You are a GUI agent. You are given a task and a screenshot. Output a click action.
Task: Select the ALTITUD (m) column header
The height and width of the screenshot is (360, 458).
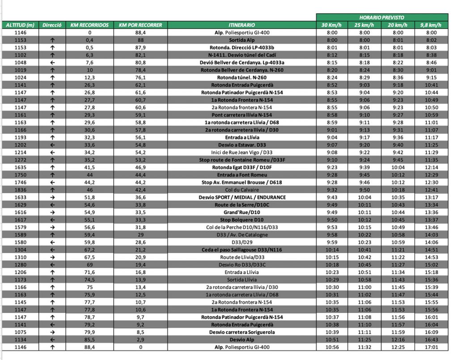pyautogui.click(x=20, y=25)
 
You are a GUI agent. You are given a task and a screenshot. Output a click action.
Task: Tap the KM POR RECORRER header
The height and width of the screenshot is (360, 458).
pyautogui.click(x=140, y=25)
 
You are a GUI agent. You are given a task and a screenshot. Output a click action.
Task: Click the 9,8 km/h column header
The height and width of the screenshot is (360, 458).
pyautogui.click(x=431, y=25)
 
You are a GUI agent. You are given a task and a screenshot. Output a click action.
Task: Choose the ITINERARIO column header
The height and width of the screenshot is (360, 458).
pyautogui.click(x=241, y=25)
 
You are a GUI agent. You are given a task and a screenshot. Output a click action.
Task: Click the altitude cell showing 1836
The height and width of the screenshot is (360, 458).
pyautogui.click(x=21, y=190)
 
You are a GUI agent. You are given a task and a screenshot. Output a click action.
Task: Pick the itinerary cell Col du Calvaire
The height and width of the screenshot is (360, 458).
pyautogui.click(x=241, y=190)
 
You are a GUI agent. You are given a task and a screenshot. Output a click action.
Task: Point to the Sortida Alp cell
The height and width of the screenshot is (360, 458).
pyautogui.click(x=241, y=40)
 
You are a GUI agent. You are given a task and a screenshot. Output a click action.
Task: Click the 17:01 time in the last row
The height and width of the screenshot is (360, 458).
pyautogui.click(x=431, y=347)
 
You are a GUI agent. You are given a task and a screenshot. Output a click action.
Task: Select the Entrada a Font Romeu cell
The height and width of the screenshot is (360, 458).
pyautogui.click(x=241, y=175)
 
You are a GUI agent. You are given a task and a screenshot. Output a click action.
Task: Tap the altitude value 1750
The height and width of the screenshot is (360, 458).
pyautogui.click(x=21, y=175)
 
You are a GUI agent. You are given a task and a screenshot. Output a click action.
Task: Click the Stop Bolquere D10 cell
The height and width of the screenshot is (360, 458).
pyautogui.click(x=241, y=220)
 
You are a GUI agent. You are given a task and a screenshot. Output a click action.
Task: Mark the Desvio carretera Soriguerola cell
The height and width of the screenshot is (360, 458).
pyautogui.click(x=241, y=332)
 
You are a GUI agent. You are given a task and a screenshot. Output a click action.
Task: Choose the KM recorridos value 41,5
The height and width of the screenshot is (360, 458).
pyautogui.click(x=89, y=167)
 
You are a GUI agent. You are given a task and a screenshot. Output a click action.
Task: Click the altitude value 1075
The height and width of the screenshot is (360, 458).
pyautogui.click(x=21, y=332)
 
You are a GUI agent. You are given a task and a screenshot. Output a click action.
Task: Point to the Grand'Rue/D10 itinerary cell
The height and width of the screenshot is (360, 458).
pyautogui.click(x=241, y=212)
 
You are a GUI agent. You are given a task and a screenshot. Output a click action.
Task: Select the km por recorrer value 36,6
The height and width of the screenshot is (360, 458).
pyautogui.click(x=140, y=197)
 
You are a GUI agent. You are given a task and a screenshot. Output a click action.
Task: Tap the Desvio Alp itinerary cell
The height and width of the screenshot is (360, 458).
pyautogui.click(x=241, y=339)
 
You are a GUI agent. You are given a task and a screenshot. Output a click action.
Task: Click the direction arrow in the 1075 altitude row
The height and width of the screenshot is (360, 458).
pyautogui.click(x=52, y=332)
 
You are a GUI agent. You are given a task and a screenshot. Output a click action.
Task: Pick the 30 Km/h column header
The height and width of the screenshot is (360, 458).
pyautogui.click(x=331, y=25)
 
